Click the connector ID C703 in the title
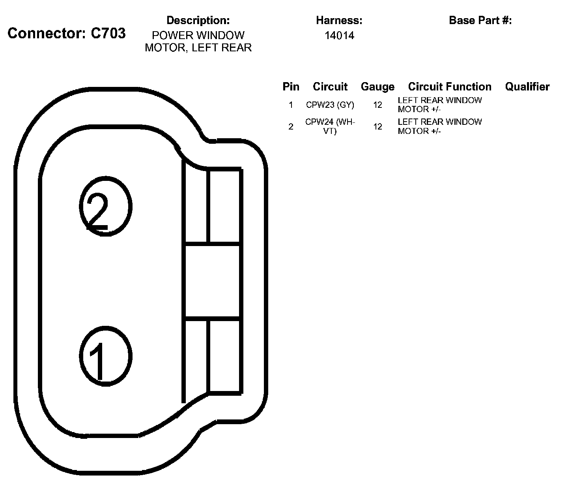coord(108,33)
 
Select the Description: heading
coord(198,20)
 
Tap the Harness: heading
coord(339,20)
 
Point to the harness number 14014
coord(339,36)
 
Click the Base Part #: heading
coord(480,20)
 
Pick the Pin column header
coord(291,86)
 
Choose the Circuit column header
coord(330,86)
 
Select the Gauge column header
coord(377,86)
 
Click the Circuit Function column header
coord(450,86)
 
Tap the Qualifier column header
coord(527,86)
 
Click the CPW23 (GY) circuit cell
coord(330,105)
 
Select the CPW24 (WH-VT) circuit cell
coord(330,126)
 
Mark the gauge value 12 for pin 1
coord(377,105)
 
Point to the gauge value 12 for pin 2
coord(377,126)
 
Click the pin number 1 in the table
coord(291,105)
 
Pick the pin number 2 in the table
coord(291,126)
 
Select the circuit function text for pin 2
coord(439,126)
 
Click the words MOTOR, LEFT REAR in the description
coord(198,48)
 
